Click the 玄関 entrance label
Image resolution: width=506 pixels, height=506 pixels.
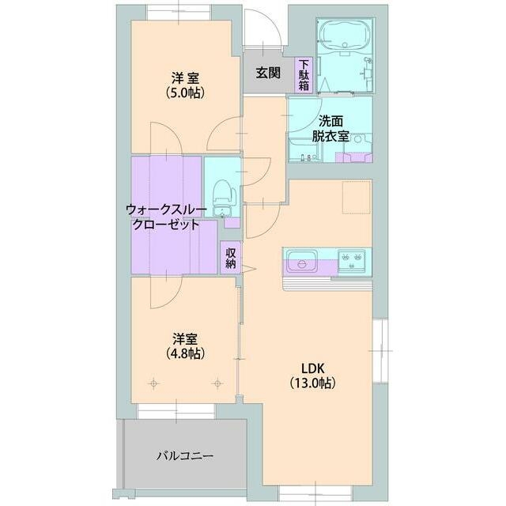(x=268, y=73)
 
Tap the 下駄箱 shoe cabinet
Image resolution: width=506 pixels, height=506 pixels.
(x=304, y=74)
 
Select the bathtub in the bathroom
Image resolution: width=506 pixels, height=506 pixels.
(x=339, y=36)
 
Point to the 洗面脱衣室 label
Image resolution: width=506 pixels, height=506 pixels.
(x=330, y=129)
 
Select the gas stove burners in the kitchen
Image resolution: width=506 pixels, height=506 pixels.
(x=351, y=259)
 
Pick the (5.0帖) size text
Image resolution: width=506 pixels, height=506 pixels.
(x=186, y=93)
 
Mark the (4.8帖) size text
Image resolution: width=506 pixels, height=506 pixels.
(x=186, y=353)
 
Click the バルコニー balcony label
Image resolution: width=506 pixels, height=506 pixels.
(x=184, y=455)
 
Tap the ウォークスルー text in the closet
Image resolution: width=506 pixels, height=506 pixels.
(x=166, y=210)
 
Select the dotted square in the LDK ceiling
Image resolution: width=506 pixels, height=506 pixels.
(x=356, y=198)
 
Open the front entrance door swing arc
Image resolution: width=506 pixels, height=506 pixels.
(x=263, y=32)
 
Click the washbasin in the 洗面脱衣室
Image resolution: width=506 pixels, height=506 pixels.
(x=357, y=140)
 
